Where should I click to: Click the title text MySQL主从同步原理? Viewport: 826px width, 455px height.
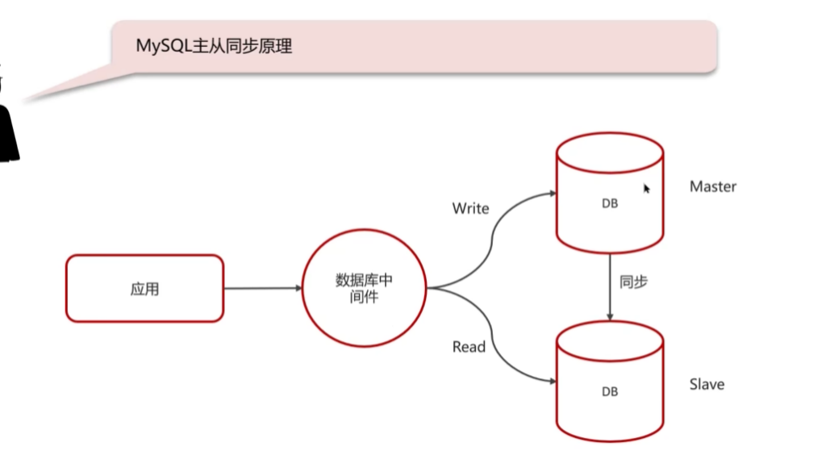(x=214, y=46)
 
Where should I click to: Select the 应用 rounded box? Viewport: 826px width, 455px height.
(x=144, y=289)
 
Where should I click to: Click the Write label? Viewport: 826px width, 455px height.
(x=470, y=208)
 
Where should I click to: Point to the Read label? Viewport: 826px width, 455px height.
(x=469, y=347)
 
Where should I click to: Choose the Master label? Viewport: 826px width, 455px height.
(x=713, y=186)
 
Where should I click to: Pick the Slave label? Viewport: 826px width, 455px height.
(x=707, y=384)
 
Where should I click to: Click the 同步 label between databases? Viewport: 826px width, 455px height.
(x=633, y=282)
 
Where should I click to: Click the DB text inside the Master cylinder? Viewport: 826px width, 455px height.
(x=610, y=204)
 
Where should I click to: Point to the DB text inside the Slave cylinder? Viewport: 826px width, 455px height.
(x=610, y=391)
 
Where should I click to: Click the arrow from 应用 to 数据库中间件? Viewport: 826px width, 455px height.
(x=262, y=288)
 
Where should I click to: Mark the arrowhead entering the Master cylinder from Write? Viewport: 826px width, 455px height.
(x=552, y=194)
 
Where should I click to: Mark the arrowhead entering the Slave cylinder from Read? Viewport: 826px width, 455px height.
(x=552, y=382)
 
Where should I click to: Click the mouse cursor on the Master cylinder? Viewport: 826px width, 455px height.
(x=646, y=188)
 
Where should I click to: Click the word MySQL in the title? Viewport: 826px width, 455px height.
(x=161, y=46)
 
